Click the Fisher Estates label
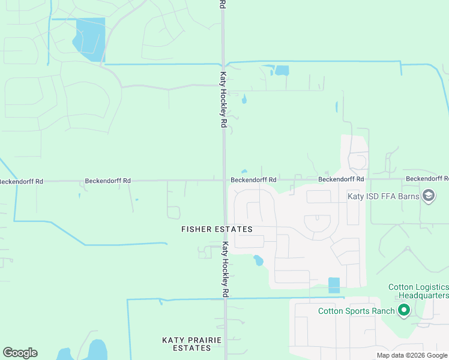coord(217,229)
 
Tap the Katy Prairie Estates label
coord(192,344)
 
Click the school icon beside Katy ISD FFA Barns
coord(429,196)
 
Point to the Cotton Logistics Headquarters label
coord(418,291)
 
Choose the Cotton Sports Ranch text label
coord(356,311)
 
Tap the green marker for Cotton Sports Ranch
coord(404,310)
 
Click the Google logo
coord(20,353)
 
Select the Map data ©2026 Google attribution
coord(412,355)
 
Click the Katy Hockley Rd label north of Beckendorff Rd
coord(223,100)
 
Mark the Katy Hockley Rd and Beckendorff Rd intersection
coord(224,179)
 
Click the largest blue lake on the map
coord(89,39)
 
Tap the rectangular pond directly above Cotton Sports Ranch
coord(334,285)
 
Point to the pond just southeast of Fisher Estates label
coord(258,260)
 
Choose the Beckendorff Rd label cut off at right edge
coord(427,179)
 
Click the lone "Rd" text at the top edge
coord(222,4)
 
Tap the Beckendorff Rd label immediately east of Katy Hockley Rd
coord(253,179)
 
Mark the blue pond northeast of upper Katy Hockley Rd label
coord(280,70)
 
